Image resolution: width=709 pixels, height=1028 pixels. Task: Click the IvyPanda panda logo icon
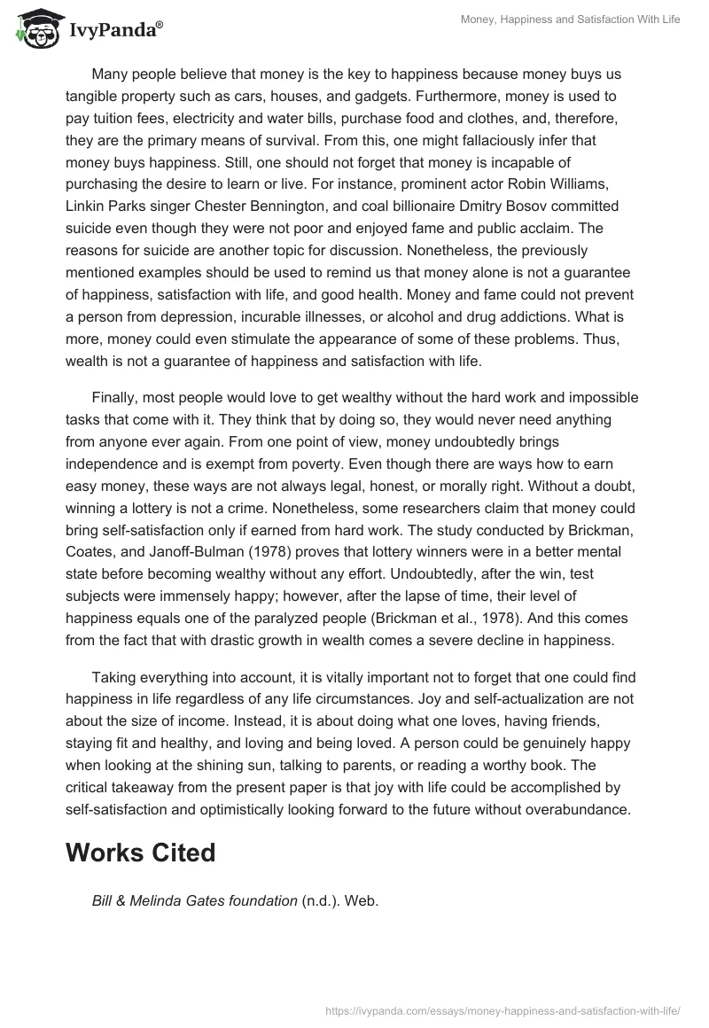33,29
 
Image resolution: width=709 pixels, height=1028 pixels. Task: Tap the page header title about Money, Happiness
570,19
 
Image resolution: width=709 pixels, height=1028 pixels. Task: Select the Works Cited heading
141,853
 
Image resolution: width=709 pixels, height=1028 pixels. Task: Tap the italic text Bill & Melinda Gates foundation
194,900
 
